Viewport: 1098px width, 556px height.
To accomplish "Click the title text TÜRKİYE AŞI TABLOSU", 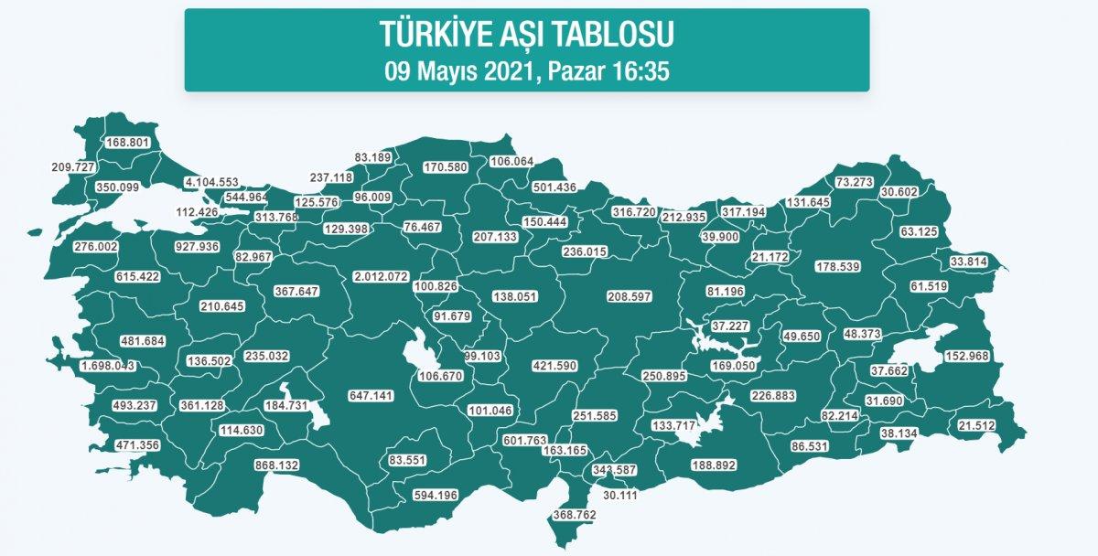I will [x=526, y=35].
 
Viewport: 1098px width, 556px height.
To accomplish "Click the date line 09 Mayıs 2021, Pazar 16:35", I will [x=526, y=70].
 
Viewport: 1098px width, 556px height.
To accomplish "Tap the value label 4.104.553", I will [x=211, y=182].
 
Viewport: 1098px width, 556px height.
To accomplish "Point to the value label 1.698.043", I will [x=108, y=366].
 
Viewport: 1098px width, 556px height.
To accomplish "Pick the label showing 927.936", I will [x=197, y=247].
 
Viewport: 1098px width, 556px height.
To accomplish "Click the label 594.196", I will [x=435, y=495].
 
